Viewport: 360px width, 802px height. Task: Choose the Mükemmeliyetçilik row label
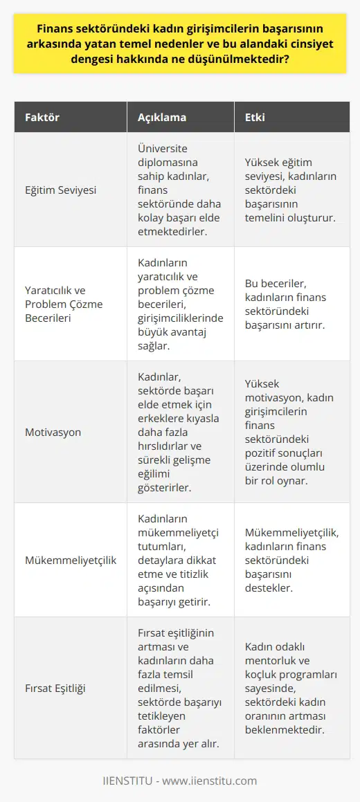pyautogui.click(x=70, y=560)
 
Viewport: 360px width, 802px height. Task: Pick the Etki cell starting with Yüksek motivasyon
pyautogui.click(x=287, y=432)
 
